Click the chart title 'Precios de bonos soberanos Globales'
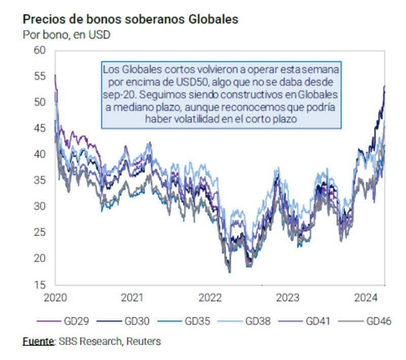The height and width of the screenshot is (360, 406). (130, 20)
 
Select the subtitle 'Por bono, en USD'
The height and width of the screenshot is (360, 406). (66, 35)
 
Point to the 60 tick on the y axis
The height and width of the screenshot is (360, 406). (40, 50)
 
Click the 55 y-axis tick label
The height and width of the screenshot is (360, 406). (40, 76)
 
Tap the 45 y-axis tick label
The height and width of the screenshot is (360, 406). (40, 128)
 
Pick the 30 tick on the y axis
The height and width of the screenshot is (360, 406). (40, 206)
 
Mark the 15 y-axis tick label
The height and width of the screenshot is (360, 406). (40, 284)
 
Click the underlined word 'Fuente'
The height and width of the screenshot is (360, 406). (38, 341)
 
